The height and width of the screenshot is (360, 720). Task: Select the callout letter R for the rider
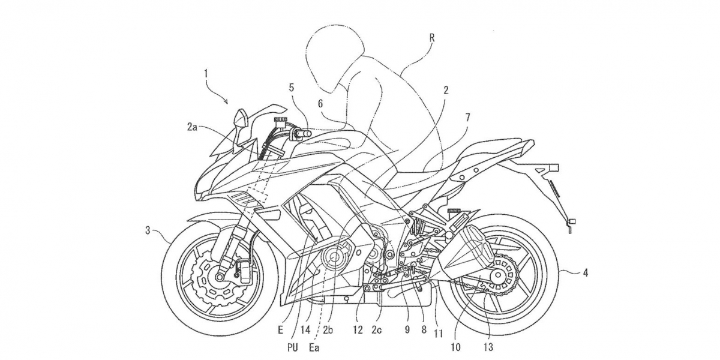(433, 38)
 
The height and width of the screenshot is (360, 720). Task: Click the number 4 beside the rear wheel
(586, 273)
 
